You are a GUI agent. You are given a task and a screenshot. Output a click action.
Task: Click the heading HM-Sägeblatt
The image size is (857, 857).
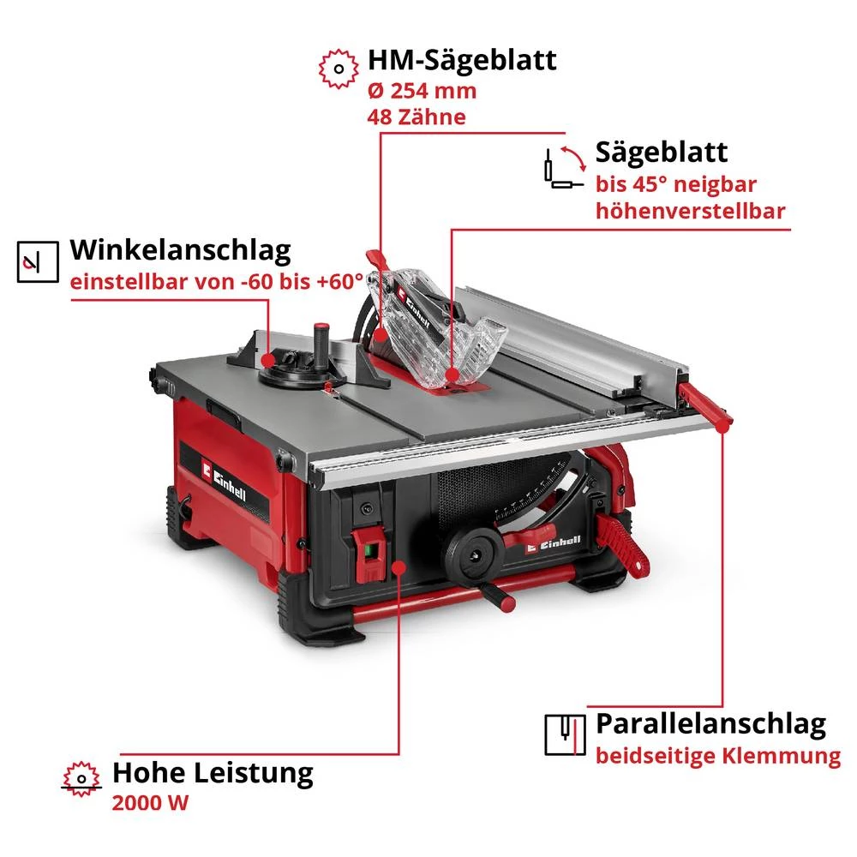coord(462,61)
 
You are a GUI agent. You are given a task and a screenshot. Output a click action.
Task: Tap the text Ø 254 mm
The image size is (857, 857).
coord(422,91)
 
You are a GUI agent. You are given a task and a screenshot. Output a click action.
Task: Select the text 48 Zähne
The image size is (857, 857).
coord(417,117)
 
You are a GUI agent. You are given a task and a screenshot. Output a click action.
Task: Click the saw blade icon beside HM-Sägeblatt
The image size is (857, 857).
coord(339,69)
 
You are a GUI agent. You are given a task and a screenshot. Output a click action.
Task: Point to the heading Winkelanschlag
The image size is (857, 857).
coord(180,251)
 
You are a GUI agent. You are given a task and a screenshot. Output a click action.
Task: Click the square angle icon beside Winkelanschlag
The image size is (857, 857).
coord(38,261)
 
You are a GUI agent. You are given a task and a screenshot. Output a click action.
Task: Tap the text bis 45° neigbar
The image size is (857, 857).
coord(676,185)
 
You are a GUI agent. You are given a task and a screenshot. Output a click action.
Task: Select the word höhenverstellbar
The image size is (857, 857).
coord(690,211)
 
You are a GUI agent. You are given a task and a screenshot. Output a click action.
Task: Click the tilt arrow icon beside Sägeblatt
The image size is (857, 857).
coord(565,167)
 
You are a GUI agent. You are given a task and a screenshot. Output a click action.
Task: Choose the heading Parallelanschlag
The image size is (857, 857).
coord(710,725)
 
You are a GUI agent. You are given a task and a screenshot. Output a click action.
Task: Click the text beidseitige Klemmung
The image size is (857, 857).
coord(718,757)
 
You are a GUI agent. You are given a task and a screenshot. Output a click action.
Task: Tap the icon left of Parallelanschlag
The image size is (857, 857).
coord(565,734)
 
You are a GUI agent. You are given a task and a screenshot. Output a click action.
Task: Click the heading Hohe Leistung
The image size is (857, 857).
coord(213,773)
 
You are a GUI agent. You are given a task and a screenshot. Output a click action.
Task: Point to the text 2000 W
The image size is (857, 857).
coord(150,804)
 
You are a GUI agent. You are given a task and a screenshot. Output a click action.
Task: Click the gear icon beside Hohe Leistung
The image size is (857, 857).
coord(81,778)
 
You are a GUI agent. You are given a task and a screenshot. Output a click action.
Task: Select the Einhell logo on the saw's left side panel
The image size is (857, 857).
coord(225,481)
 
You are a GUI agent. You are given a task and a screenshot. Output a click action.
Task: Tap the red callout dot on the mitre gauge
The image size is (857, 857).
coord(267,360)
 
